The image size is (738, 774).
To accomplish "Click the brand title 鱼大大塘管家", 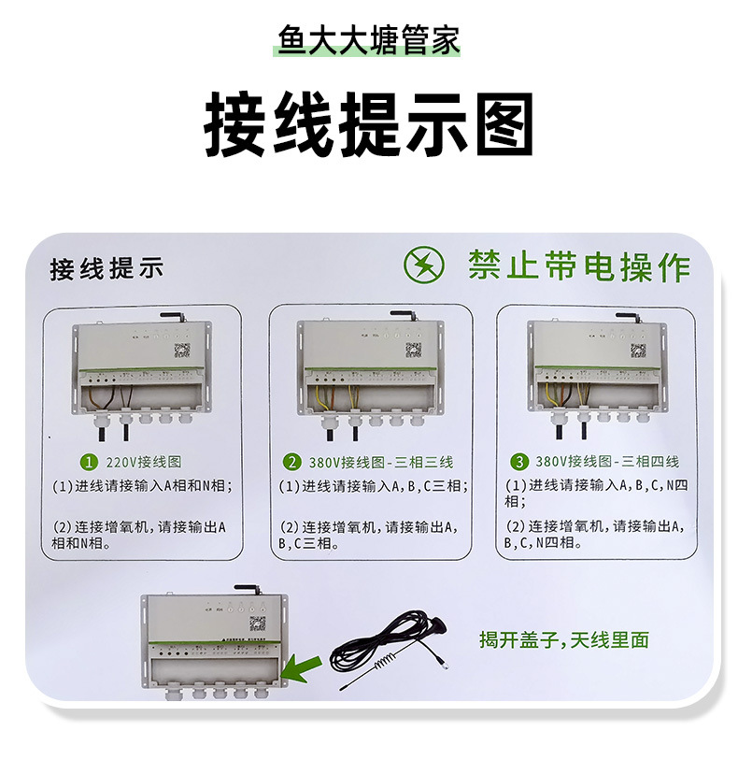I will point(368,42).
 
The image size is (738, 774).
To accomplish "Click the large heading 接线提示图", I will point(368,124).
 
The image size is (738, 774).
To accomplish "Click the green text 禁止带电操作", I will point(579,266).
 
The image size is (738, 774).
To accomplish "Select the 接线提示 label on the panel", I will point(106,269).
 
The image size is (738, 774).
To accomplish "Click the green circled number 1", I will point(90,462).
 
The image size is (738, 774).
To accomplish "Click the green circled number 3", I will point(519,462).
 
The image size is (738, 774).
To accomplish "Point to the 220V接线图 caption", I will point(143,462).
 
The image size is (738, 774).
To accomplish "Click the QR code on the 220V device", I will point(182,351).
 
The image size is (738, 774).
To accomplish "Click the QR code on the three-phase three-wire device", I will point(413,350).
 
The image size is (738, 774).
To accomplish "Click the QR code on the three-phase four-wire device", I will point(638,351).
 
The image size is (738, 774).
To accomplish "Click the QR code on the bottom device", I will point(257,623).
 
